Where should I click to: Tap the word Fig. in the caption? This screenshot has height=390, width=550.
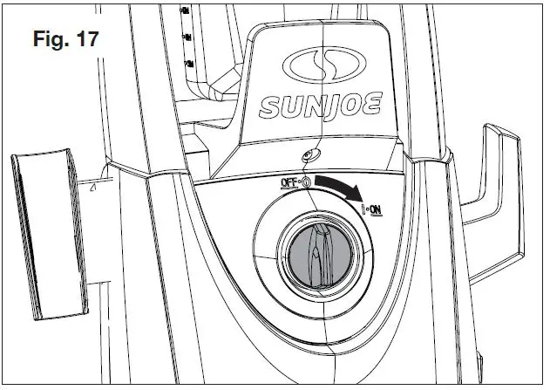pyautogui.click(x=51, y=40)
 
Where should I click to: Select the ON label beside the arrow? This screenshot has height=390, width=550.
pyautogui.click(x=377, y=210)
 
